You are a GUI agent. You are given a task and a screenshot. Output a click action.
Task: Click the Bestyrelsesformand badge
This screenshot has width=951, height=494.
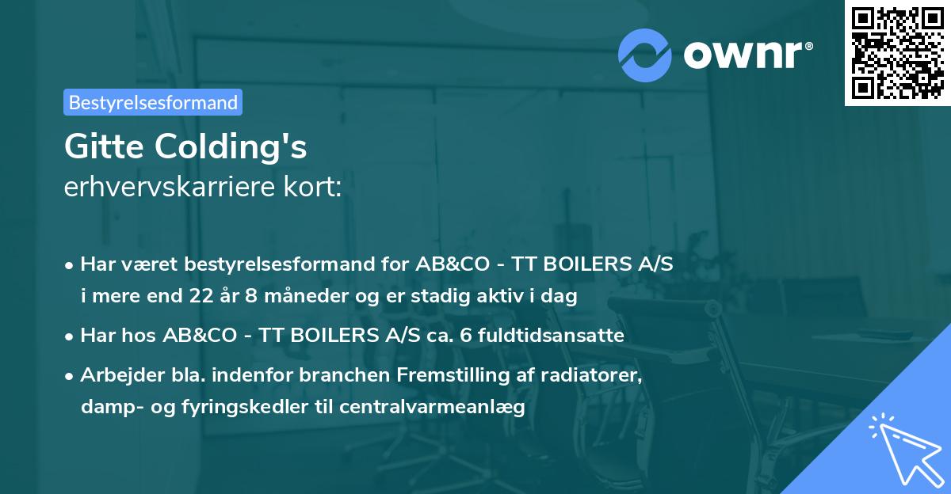pos(153,102)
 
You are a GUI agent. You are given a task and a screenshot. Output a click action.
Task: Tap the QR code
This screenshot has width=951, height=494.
pos(897,52)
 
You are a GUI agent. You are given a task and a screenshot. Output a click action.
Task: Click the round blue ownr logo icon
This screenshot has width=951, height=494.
pos(645,55)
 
